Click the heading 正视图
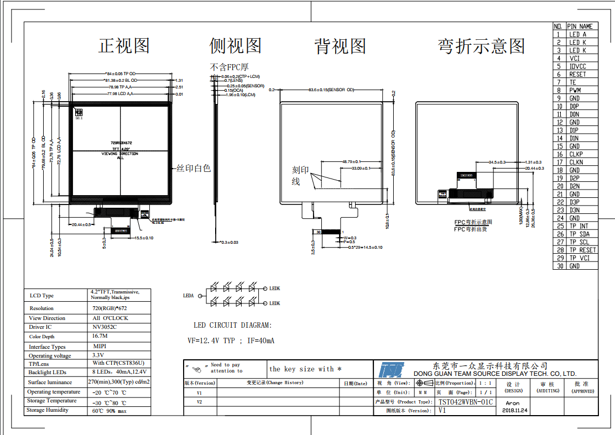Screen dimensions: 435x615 click(x=124, y=45)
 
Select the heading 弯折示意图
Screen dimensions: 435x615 click(x=481, y=46)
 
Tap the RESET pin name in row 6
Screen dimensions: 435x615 click(x=577, y=74)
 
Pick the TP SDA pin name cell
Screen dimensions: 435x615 click(x=579, y=234)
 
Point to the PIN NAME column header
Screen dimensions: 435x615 click(x=580, y=26)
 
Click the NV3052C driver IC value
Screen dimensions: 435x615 click(x=105, y=327)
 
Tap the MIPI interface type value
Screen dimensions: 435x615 click(x=99, y=347)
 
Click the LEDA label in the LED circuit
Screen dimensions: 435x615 click(x=189, y=296)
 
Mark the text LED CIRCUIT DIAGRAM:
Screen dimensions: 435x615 click(x=232, y=326)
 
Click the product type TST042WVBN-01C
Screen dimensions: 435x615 click(x=465, y=402)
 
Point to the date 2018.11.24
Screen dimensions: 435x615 click(x=515, y=411)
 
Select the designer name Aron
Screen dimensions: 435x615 click(x=513, y=403)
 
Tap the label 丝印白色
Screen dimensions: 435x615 click(x=194, y=169)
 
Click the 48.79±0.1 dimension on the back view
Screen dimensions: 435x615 click(x=351, y=161)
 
